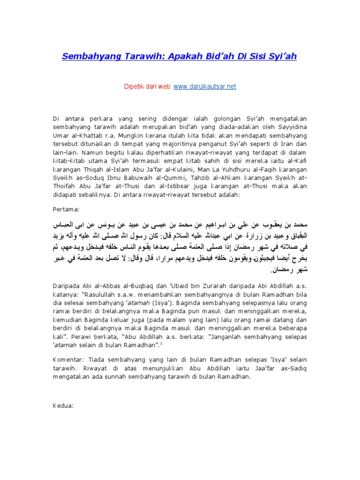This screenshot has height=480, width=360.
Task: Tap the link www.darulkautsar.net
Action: [198, 87]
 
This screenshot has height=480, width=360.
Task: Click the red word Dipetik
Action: [135, 87]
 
